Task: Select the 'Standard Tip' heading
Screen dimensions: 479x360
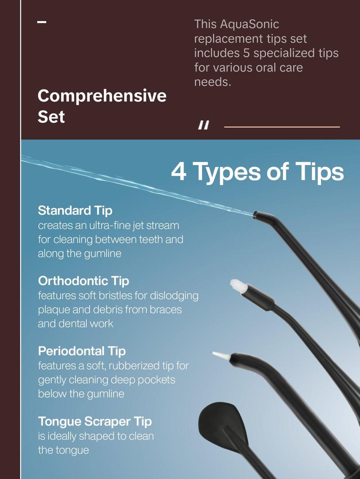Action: (x=75, y=210)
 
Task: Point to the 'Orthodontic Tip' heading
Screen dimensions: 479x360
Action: (x=83, y=281)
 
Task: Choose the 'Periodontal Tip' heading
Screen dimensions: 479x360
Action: (x=81, y=351)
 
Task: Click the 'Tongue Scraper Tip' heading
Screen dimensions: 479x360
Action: (x=95, y=421)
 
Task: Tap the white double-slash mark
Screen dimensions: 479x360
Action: (x=204, y=125)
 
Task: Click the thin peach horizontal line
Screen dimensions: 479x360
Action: (x=282, y=127)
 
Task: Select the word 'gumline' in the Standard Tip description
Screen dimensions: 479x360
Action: (x=103, y=254)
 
